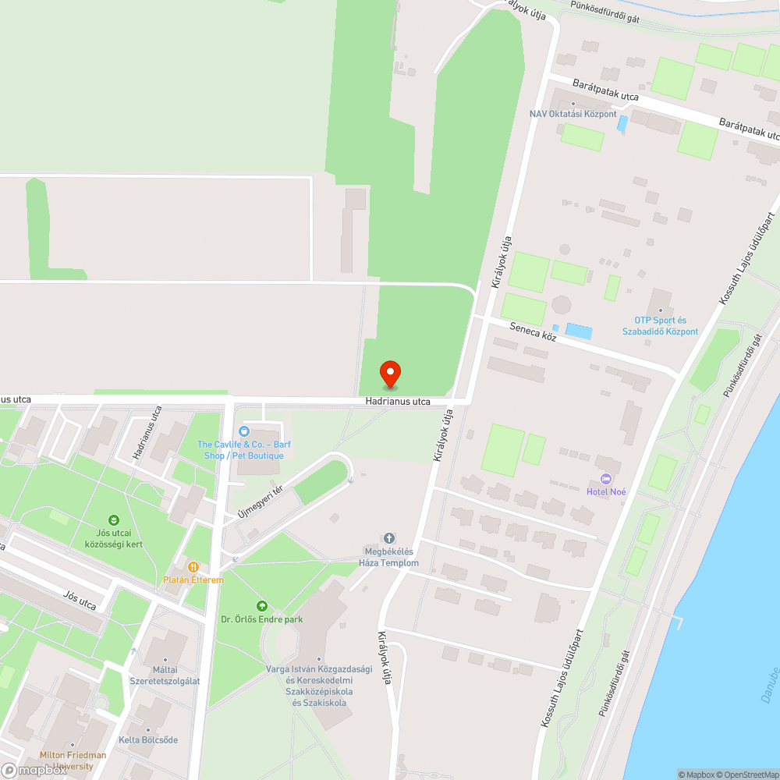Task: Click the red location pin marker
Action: (390, 374)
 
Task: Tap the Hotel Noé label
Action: (606, 491)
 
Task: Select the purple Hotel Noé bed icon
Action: (606, 478)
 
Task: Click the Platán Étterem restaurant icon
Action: (193, 567)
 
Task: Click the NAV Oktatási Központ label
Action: (573, 114)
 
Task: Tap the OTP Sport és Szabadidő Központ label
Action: (660, 326)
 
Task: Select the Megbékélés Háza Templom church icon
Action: (389, 538)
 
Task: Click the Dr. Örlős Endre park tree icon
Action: (261, 605)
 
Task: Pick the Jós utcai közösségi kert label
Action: (115, 538)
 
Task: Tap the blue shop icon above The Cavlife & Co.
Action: (244, 431)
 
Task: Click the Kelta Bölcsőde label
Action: (148, 739)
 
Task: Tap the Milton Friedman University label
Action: (73, 760)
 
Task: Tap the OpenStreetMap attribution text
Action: (746, 775)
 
